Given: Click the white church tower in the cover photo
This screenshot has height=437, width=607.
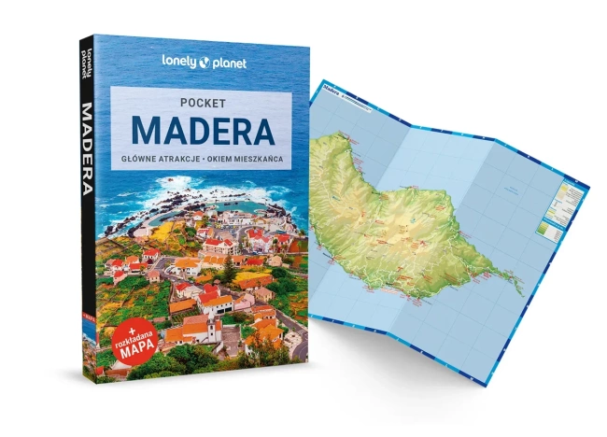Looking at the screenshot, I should (x=215, y=330).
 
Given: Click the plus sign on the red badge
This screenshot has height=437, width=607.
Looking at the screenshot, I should (x=120, y=323).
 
